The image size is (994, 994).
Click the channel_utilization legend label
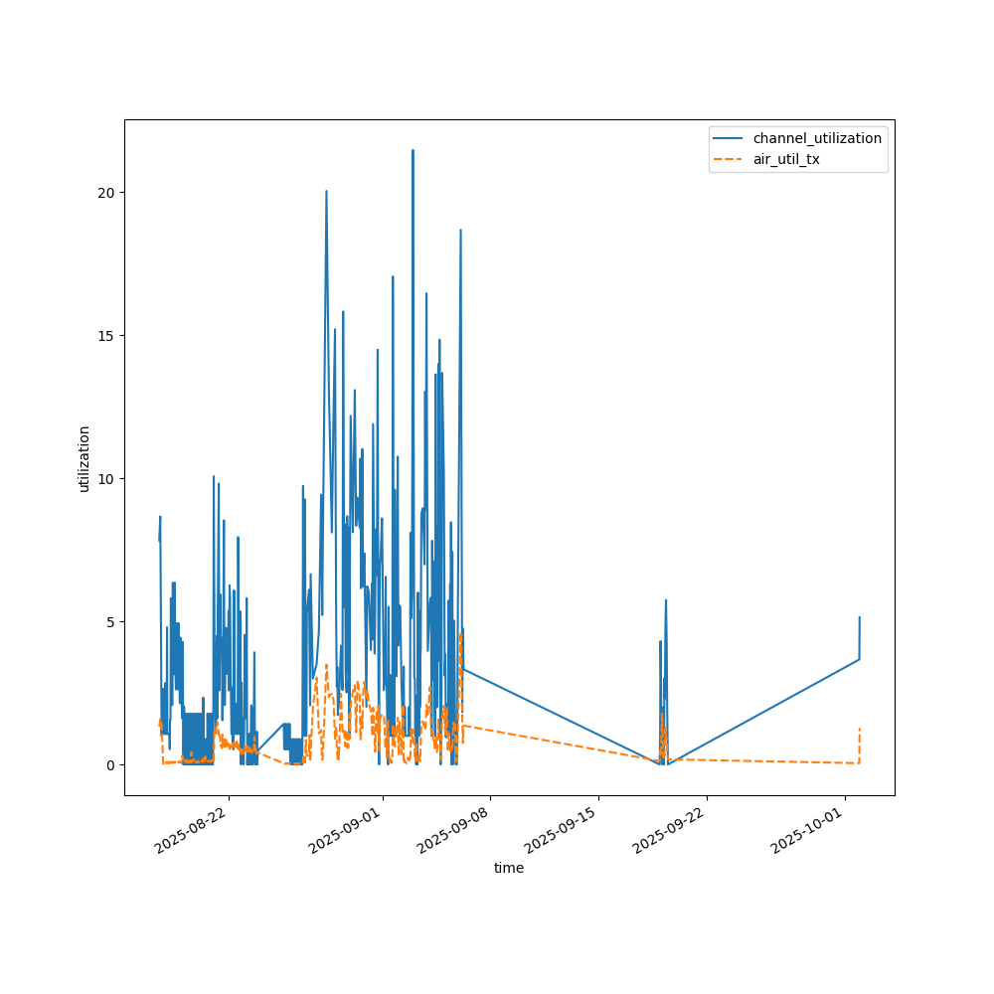pyautogui.click(x=817, y=138)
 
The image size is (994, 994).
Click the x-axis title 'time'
pyautogui.click(x=509, y=868)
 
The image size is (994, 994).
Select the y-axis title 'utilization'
pyautogui.click(x=84, y=458)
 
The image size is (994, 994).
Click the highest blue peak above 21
pyautogui.click(x=413, y=151)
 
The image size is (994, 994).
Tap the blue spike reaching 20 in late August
pyautogui.click(x=326, y=192)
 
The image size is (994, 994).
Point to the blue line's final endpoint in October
pyautogui.click(x=859, y=617)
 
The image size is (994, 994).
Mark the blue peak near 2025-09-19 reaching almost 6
pyautogui.click(x=666, y=600)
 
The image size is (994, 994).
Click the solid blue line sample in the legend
pyautogui.click(x=730, y=138)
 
